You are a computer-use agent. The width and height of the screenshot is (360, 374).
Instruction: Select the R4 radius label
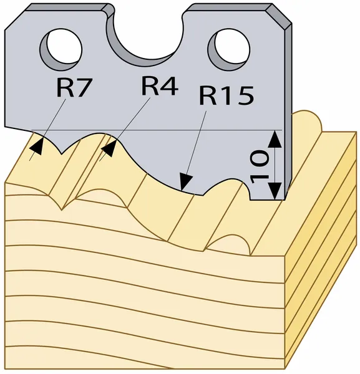160,86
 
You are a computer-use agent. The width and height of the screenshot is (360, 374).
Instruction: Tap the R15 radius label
226,95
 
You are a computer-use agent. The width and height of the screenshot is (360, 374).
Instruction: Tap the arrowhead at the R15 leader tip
185,182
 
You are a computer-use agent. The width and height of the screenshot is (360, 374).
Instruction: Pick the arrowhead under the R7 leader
37,146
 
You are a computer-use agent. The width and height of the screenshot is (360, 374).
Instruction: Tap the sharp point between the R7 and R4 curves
62,154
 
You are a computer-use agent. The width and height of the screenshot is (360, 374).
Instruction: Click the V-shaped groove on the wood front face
62,204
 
